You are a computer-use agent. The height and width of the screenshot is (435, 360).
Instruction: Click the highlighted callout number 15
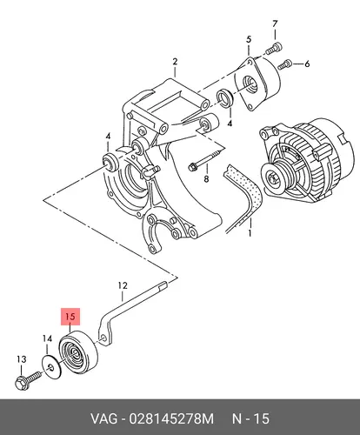(x=70, y=317)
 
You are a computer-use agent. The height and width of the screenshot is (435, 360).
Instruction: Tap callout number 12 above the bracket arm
(x=123, y=285)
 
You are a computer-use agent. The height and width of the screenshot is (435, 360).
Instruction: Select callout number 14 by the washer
(x=47, y=338)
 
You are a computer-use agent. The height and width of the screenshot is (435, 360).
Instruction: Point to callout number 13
(x=22, y=359)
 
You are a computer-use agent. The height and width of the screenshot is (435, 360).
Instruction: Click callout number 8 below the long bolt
(x=206, y=179)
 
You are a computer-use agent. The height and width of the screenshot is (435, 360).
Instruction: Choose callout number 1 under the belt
(x=250, y=233)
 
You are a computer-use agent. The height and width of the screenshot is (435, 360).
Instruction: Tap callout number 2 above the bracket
(x=175, y=62)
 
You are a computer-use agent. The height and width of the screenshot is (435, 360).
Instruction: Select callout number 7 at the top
(x=275, y=23)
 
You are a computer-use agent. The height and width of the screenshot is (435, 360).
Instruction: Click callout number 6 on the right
(x=307, y=64)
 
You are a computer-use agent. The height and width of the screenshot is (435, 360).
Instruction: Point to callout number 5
(x=249, y=39)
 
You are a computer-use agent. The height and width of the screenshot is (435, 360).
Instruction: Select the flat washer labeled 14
(x=51, y=367)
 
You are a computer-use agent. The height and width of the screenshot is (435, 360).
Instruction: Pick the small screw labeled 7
(x=274, y=48)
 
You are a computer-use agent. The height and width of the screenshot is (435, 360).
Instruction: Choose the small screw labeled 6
(x=284, y=64)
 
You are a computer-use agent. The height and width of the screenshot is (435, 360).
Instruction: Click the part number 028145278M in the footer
(x=171, y=418)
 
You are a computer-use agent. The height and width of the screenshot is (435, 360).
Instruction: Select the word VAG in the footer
(x=104, y=418)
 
